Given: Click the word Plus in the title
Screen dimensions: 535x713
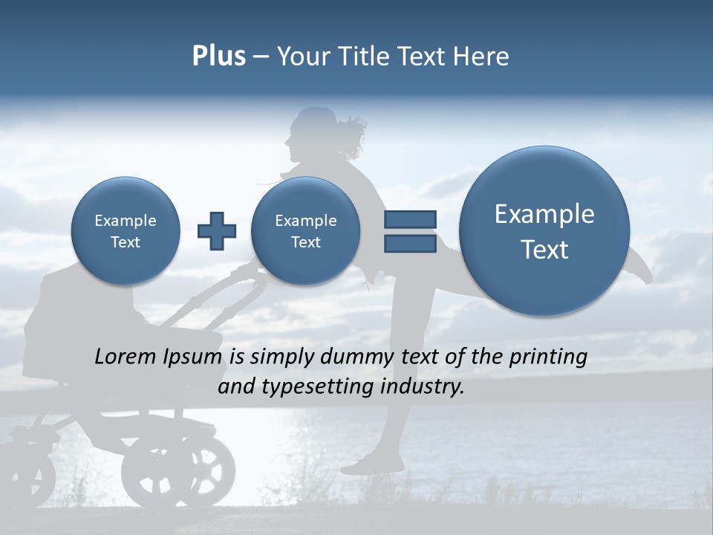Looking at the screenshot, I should [218, 56].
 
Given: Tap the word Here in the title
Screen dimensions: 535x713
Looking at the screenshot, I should [481, 56].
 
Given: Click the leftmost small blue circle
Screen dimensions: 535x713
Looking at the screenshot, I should [126, 231].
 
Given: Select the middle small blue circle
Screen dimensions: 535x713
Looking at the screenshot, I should [306, 231].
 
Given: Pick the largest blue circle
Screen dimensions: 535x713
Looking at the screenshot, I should [544, 231].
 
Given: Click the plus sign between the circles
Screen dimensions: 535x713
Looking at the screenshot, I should [216, 231].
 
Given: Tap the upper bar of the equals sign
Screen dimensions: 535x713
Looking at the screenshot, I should [409, 219].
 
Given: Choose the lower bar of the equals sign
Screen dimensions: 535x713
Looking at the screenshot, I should [409, 244].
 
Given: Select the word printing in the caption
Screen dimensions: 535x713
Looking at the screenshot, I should [547, 357].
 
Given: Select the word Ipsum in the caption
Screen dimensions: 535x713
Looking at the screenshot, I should [193, 357].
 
